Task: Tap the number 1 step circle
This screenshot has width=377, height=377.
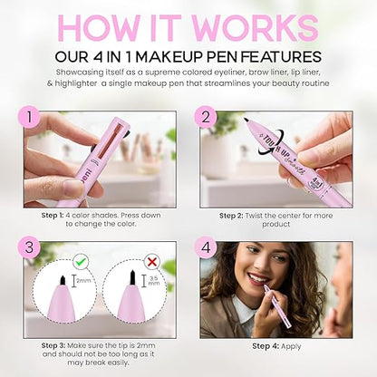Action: (x=33, y=117)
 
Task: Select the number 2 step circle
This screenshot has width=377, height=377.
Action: (x=206, y=117)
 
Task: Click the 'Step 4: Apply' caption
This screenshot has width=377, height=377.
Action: (x=275, y=347)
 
